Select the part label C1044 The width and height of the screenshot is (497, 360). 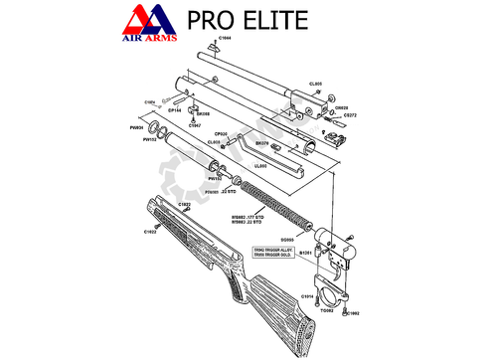point(225,39)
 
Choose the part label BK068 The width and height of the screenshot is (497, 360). point(203,114)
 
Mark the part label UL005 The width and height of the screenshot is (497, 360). point(261,165)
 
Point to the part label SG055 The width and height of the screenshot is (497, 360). point(287,240)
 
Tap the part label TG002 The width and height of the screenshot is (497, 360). point(326,309)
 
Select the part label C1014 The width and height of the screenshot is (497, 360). point(308,296)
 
